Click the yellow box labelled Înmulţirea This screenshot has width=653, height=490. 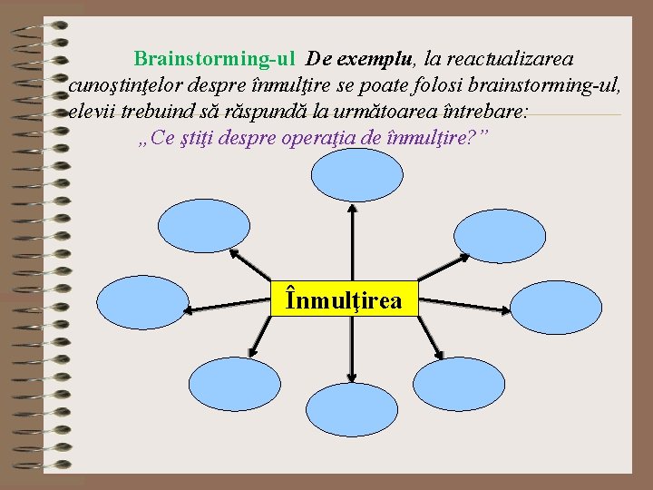point(346,298)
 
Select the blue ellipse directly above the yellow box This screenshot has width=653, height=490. point(356,175)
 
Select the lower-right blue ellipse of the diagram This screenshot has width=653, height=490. point(456,385)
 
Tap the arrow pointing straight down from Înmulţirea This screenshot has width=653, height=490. point(351,349)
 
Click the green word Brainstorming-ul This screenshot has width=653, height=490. point(214,59)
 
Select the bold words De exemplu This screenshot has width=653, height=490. point(360,59)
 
